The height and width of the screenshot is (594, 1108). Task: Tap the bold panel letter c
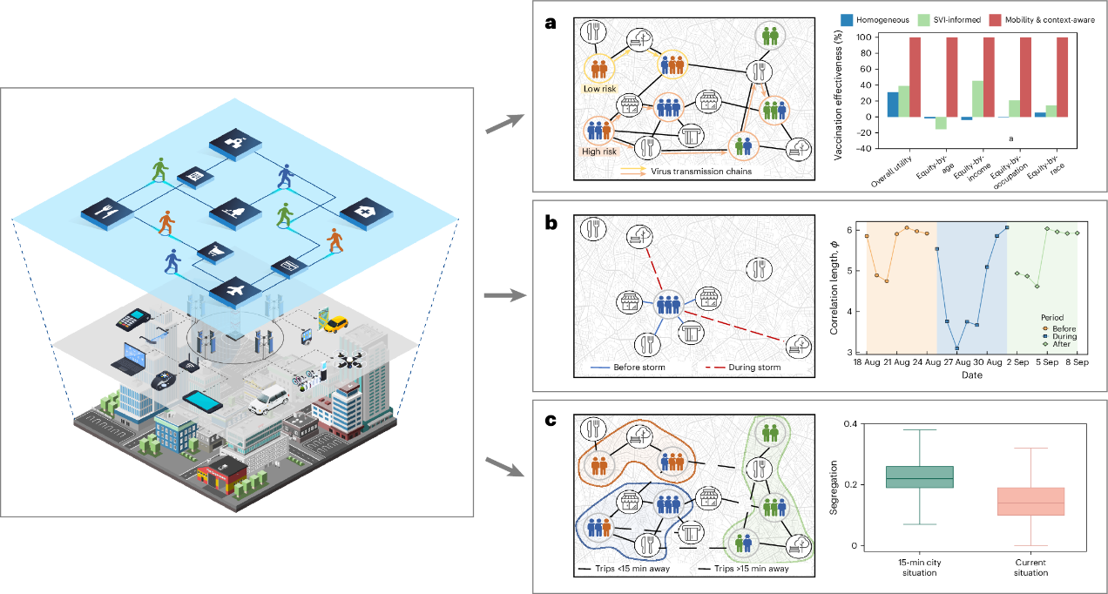pyautogui.click(x=551, y=421)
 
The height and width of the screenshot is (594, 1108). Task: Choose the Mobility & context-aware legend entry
pyautogui.click(x=1054, y=19)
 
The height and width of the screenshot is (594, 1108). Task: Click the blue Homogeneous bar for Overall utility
pyautogui.click(x=893, y=105)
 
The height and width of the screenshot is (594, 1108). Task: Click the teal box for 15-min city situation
pyautogui.click(x=907, y=476)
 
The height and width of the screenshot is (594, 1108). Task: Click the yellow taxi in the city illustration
pyautogui.click(x=334, y=324)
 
